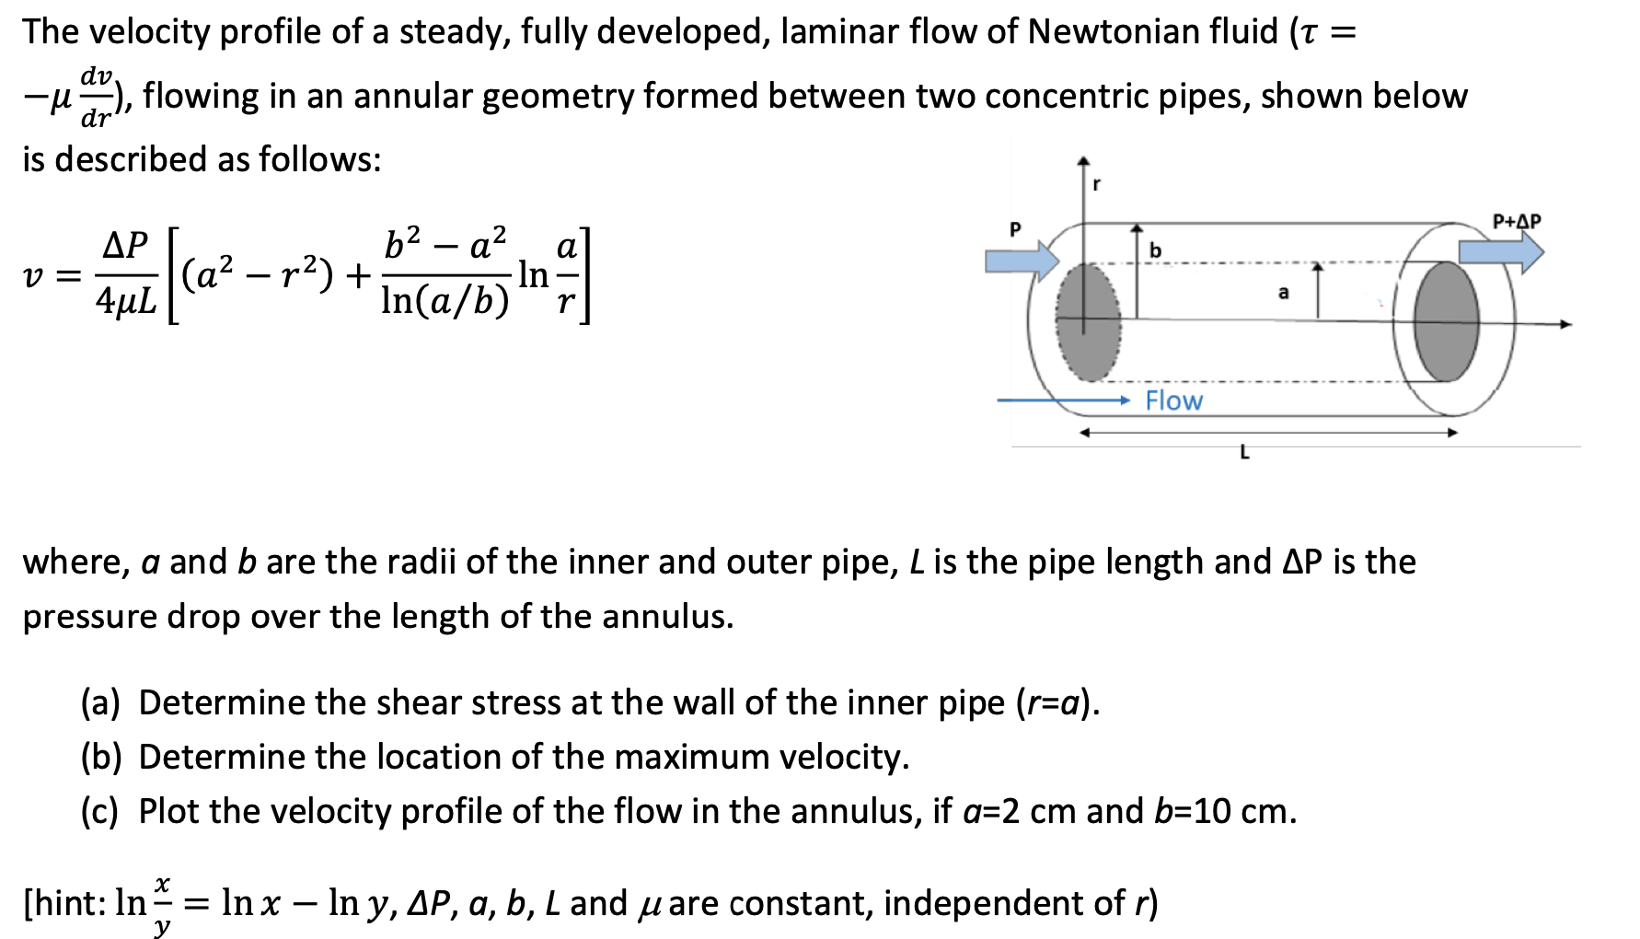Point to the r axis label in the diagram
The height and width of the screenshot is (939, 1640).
point(1096,184)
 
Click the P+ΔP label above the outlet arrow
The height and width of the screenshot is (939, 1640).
point(1516,222)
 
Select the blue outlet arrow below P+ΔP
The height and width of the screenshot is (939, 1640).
point(1501,251)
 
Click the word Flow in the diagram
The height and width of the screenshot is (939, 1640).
point(1173,401)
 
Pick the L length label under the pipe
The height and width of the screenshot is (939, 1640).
point(1244,452)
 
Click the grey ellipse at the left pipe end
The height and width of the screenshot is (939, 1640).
point(1089,322)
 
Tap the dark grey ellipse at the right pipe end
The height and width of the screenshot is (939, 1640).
point(1446,320)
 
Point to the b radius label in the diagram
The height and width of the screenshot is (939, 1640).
point(1156,250)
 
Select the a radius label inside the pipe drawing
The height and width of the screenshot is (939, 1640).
point(1284,294)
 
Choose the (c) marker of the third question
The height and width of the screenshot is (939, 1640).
point(100,812)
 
